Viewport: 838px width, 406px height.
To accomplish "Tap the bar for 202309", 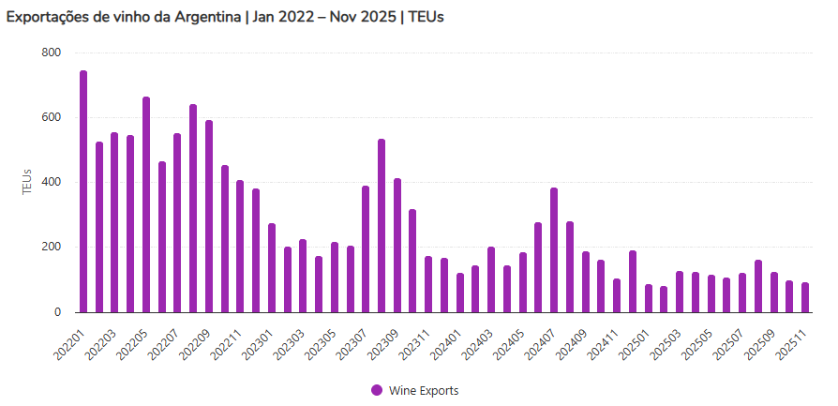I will [397, 245].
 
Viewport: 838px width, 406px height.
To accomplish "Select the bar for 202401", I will [460, 293].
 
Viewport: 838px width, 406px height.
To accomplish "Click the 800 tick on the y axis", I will [51, 53].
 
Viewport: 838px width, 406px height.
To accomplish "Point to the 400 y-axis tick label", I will [51, 182].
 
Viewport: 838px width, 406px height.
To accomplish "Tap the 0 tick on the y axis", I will [56, 312].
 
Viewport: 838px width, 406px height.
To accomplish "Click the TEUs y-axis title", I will [27, 182].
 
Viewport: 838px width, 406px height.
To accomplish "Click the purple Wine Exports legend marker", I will [377, 390].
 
